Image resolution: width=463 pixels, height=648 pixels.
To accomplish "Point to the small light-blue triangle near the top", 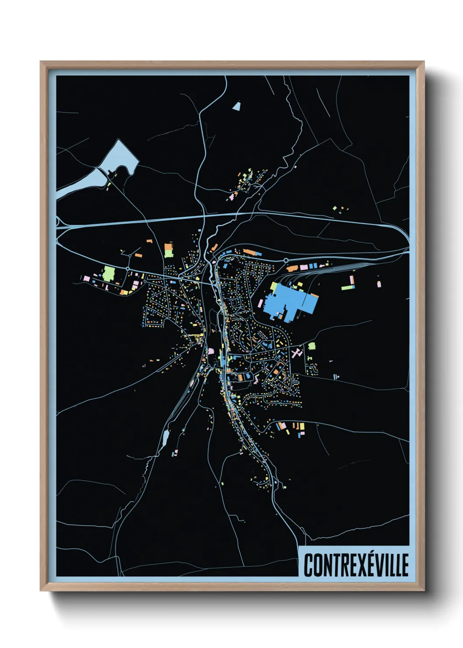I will tap(237, 106).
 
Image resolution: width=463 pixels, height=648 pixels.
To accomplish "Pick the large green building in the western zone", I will tap(108, 274).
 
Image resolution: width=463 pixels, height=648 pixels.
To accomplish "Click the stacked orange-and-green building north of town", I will tap(168, 250).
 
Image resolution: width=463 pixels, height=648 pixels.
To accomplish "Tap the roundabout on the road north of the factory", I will tap(286, 261).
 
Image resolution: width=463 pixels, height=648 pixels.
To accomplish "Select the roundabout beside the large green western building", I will tap(128, 268).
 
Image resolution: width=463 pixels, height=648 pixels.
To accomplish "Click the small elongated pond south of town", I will tap(165, 437).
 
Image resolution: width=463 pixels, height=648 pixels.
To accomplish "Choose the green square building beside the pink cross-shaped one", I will tap(312, 346).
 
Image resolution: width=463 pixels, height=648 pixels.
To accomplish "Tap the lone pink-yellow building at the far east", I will tap(379, 283).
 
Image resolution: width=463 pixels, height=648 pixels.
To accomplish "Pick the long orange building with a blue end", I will tap(252, 252).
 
